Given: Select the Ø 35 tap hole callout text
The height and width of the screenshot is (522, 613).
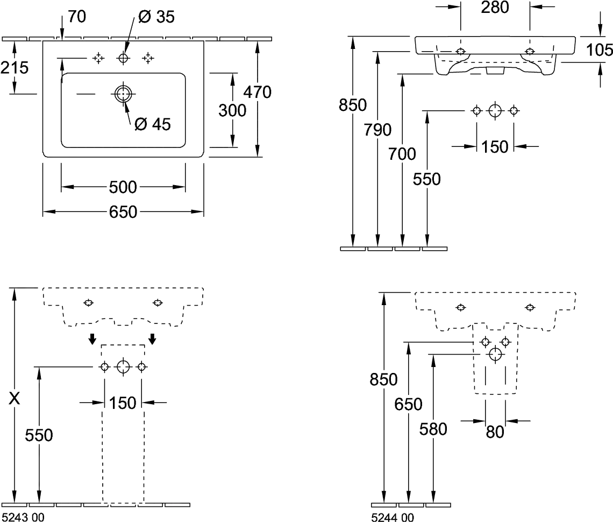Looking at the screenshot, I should [156, 17].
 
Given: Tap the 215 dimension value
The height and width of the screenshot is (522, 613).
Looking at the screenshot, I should [15, 68].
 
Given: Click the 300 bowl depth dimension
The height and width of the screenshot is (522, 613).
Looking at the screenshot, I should [232, 111].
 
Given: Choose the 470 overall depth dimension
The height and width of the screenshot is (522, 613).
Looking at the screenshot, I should [257, 92].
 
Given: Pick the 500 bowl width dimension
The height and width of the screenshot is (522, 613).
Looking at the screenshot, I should [123, 188].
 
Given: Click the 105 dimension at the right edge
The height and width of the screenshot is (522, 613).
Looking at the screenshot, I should [600, 51].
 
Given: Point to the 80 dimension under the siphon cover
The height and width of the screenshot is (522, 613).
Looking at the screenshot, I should [495, 432].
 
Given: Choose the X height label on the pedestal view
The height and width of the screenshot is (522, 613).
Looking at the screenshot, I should [16, 399].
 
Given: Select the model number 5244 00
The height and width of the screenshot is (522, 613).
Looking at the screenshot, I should [392, 517].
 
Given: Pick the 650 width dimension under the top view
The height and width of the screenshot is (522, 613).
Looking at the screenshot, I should [123, 213].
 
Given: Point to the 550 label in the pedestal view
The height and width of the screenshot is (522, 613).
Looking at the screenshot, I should [39, 435].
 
